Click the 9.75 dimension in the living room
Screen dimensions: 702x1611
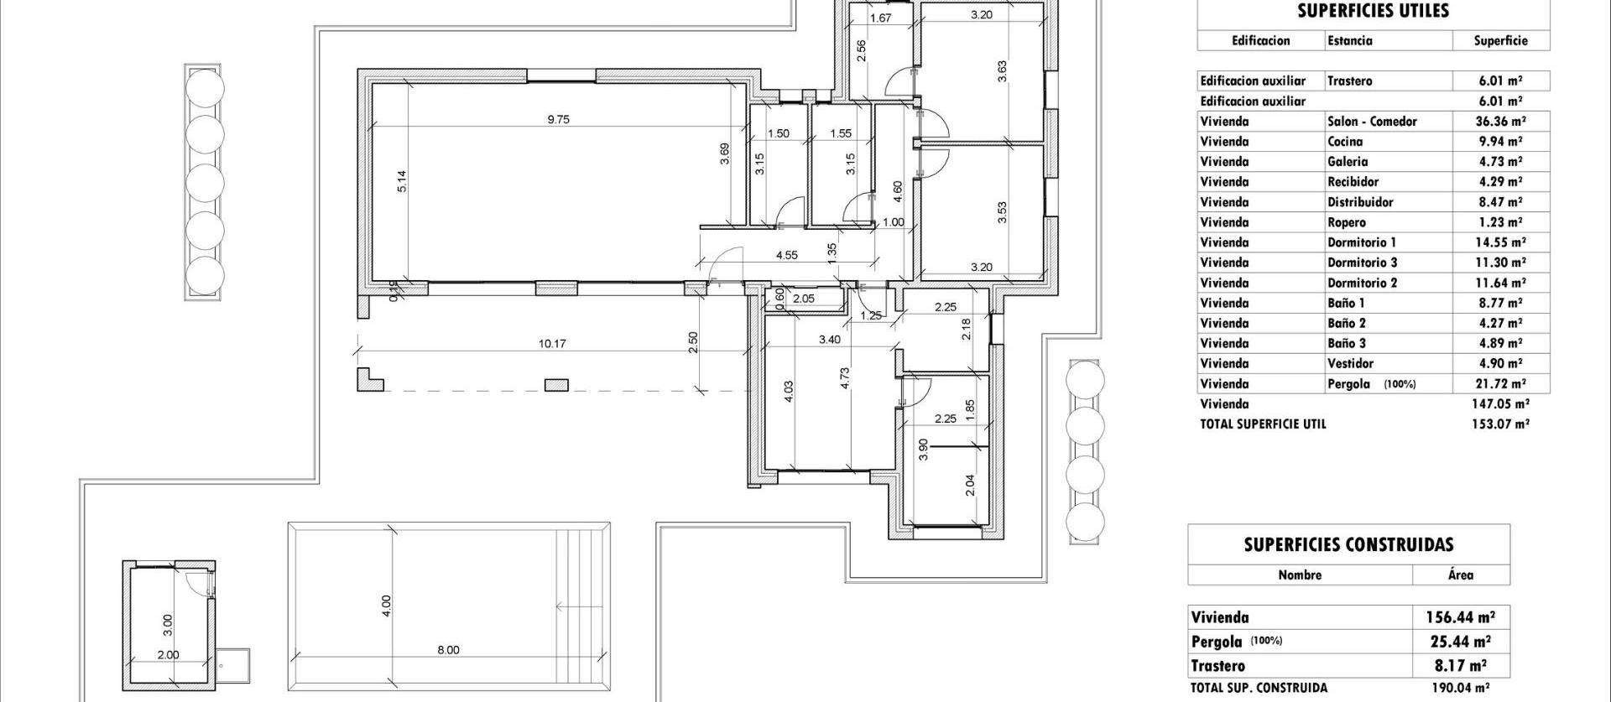[x=558, y=120]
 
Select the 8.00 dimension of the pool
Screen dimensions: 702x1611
[x=448, y=650]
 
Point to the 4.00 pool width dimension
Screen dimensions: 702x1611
[x=386, y=606]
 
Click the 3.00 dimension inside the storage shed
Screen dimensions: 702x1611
[x=168, y=623]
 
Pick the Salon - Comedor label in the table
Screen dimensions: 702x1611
[x=1371, y=122]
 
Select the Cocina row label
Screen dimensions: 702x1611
[x=1344, y=142]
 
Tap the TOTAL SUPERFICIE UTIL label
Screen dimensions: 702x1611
[x=1263, y=424]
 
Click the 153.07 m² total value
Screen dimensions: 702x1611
[x=1500, y=424]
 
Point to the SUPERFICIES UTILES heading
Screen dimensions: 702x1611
[x=1373, y=11]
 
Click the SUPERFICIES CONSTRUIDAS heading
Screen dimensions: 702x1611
[x=1348, y=545]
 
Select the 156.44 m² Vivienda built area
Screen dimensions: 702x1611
[x=1460, y=618]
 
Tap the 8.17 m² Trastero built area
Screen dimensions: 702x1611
[x=1460, y=667]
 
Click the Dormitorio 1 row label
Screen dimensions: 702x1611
[x=1361, y=242]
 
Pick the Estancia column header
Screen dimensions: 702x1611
[x=1350, y=40]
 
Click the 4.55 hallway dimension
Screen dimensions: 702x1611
[x=786, y=256]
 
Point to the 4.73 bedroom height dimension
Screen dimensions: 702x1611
[x=846, y=377]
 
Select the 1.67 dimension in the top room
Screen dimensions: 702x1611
[x=880, y=18]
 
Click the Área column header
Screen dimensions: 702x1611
[x=1460, y=575]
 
